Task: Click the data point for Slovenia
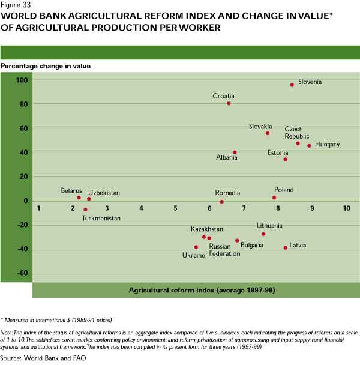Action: click(x=292, y=85)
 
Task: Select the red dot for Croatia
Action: click(x=229, y=103)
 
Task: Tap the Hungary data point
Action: click(x=310, y=146)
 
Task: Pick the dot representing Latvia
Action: click(x=285, y=247)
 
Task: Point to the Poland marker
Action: click(x=274, y=198)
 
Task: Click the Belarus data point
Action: click(x=79, y=198)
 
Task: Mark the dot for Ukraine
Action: click(x=196, y=247)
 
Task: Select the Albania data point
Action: click(x=235, y=152)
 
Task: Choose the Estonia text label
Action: click(x=278, y=153)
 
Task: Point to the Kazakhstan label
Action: click(x=207, y=229)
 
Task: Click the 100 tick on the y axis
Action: click(x=22, y=80)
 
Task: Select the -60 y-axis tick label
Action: click(x=22, y=274)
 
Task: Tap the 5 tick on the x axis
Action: click(x=176, y=208)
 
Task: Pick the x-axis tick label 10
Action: click(x=346, y=208)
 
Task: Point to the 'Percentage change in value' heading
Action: click(x=46, y=65)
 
